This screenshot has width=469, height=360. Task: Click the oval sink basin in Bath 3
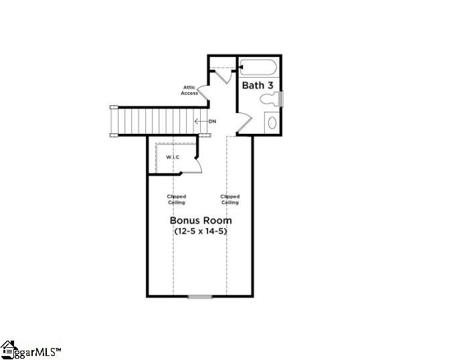271,122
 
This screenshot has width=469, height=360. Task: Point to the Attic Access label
189,90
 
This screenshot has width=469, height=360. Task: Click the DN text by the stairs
212,121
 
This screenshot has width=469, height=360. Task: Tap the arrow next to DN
199,121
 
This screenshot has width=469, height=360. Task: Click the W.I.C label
173,157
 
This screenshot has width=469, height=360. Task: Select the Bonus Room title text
201,220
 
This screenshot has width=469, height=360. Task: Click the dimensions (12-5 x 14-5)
201,231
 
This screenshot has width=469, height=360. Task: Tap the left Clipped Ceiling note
177,199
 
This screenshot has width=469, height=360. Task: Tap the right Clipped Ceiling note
229,199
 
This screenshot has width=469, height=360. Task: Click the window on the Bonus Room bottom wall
200,296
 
